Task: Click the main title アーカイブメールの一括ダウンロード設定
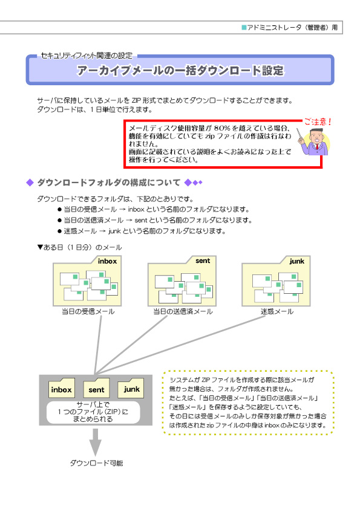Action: coord(180,71)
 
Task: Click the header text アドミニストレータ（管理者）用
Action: coord(292,28)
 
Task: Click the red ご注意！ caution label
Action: coord(318,122)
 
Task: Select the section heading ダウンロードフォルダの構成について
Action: coord(108,183)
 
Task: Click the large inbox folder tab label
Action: coord(107,261)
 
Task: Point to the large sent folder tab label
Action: coord(203,261)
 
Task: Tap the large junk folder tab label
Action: coord(297,261)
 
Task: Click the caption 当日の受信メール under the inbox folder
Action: coord(88,312)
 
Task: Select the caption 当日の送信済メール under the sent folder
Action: coord(183,312)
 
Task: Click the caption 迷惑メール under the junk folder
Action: coord(277,312)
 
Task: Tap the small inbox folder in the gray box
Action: coord(61,388)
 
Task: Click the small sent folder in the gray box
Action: coord(96,388)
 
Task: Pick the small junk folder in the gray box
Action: coord(131,388)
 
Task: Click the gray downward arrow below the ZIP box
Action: coord(95,442)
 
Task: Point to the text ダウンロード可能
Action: coord(96,463)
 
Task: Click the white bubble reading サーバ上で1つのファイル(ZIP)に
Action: coord(93,412)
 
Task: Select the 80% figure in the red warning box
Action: coord(222,128)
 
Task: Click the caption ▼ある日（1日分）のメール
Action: coord(80,247)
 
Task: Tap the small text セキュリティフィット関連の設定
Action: coord(87,56)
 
